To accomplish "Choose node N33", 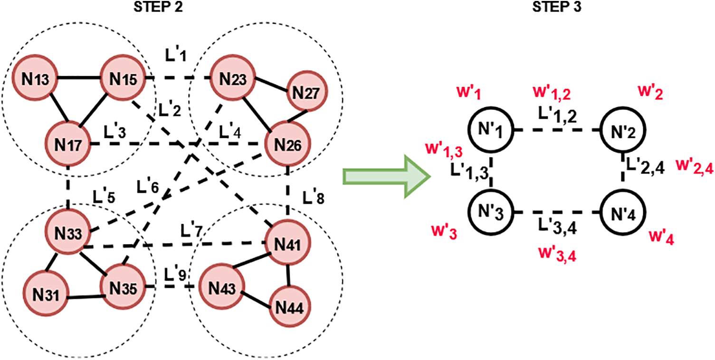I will point(70,233).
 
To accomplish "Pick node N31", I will point(46,297).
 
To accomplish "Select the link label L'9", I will point(174,275).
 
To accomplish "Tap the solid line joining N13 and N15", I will point(79,78).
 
